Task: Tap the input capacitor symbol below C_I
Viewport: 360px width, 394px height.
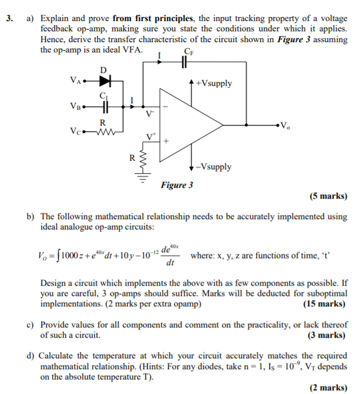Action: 105,107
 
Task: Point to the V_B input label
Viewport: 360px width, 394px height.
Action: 75,107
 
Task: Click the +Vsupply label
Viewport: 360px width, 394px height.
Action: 214,83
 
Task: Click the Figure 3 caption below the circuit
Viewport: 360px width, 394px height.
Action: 176,185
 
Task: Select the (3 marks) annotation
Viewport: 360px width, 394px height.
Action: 327,335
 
